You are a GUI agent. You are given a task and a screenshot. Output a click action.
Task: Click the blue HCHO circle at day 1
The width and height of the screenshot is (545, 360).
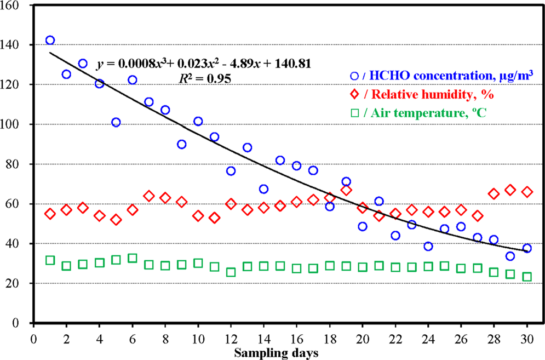coord(50,40)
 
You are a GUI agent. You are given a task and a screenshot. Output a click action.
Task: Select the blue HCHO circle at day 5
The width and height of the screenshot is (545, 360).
coord(116,122)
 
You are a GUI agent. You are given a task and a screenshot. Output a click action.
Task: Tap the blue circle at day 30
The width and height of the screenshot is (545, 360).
coord(527,248)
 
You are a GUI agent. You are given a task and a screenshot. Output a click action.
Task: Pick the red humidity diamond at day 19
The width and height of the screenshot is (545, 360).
coord(346,190)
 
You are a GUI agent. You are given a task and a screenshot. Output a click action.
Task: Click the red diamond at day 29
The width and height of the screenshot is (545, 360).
coord(510,190)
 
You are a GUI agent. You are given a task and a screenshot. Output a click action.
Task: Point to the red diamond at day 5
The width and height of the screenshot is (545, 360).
coord(116,220)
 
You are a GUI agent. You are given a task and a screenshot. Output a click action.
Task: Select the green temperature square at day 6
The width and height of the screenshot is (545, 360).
coord(132,258)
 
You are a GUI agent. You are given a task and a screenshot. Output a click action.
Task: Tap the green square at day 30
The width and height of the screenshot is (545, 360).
coord(527,277)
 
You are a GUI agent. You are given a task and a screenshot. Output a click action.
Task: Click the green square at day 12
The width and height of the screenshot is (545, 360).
coord(231,272)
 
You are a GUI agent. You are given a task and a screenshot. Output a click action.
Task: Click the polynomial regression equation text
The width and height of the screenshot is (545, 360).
coord(204,64)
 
